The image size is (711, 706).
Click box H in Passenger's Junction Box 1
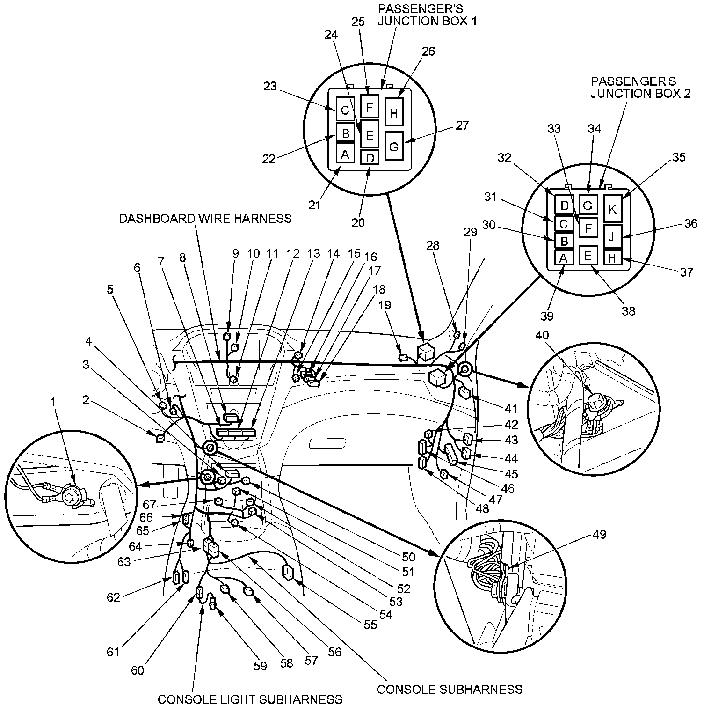[394, 112]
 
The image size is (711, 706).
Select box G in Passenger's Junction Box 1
[394, 146]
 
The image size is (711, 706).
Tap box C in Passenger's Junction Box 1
[345, 110]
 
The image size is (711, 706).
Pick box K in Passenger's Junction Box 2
[613, 209]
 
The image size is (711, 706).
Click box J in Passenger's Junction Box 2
[612, 236]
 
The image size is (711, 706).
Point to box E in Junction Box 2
[588, 256]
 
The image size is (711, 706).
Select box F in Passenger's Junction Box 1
[369, 107]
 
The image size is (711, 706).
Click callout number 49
[599, 534]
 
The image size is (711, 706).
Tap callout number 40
[543, 335]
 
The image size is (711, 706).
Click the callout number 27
[462, 125]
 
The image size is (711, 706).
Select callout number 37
[687, 272]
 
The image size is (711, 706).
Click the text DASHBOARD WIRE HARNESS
[205, 218]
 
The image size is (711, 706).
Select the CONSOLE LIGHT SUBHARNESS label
[250, 699]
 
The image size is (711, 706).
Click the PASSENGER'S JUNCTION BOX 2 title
[640, 87]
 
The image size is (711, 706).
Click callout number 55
[370, 624]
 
